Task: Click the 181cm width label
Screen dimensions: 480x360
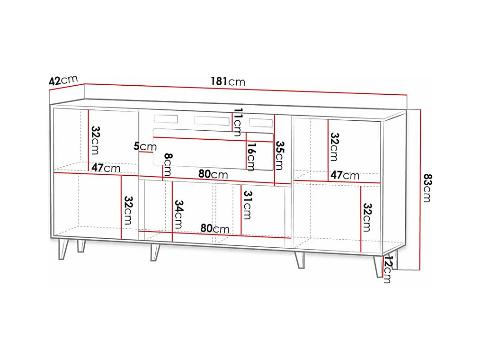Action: click(228, 81)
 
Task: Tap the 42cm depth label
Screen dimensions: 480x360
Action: click(62, 81)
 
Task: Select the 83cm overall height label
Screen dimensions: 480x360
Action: click(427, 188)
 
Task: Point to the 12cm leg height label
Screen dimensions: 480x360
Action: click(387, 269)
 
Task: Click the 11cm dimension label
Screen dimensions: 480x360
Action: click(238, 122)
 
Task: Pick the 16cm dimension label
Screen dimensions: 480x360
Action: click(251, 156)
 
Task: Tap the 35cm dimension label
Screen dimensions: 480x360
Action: click(280, 155)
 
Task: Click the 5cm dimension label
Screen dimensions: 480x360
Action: click(144, 146)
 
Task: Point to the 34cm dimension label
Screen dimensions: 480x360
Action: click(178, 214)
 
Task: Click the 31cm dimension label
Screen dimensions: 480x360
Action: click(246, 204)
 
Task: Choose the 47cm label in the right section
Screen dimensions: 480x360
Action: click(345, 175)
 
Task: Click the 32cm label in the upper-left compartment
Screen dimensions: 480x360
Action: click(95, 140)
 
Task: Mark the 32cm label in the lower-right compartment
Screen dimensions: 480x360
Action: click(366, 217)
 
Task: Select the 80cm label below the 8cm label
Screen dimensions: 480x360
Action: click(213, 174)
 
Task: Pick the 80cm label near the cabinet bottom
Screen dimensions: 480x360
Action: click(214, 228)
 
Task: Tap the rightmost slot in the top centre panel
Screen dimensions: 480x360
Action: click(261, 123)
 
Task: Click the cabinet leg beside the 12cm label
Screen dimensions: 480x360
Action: click(377, 267)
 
